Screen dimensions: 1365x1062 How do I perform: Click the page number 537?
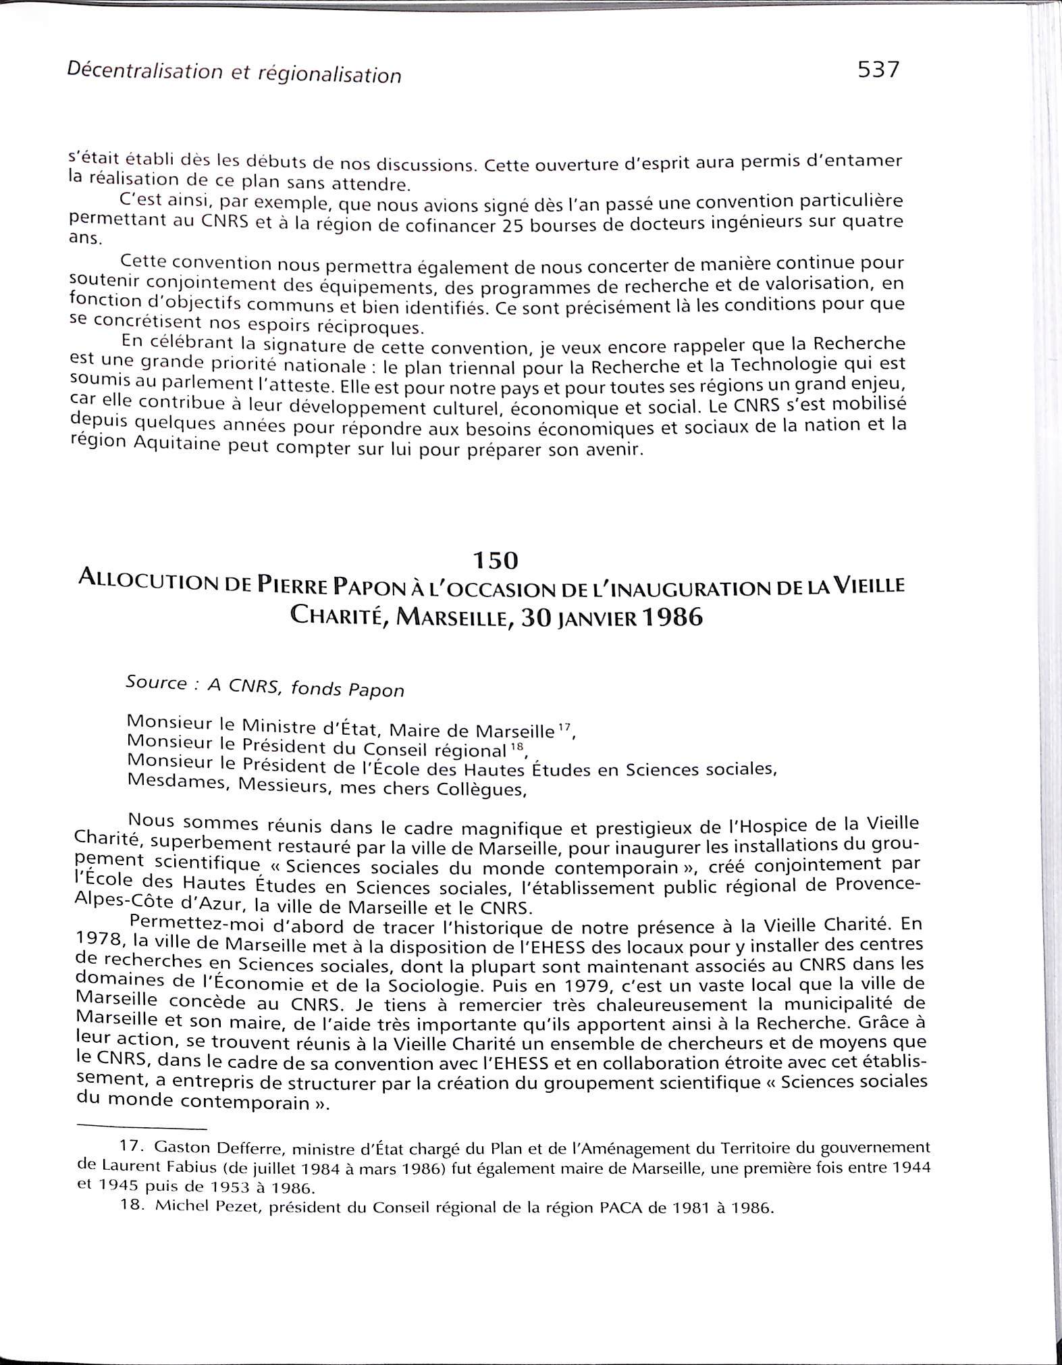[878, 70]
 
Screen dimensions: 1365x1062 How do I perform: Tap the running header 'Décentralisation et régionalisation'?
[234, 73]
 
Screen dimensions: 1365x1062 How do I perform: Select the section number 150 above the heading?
[495, 561]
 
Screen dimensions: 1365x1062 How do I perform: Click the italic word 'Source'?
[156, 683]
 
